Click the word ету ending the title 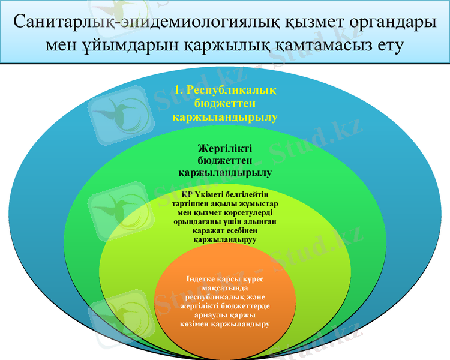pyautogui.click(x=388, y=45)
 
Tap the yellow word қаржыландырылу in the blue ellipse pyautogui.click(x=225, y=117)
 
